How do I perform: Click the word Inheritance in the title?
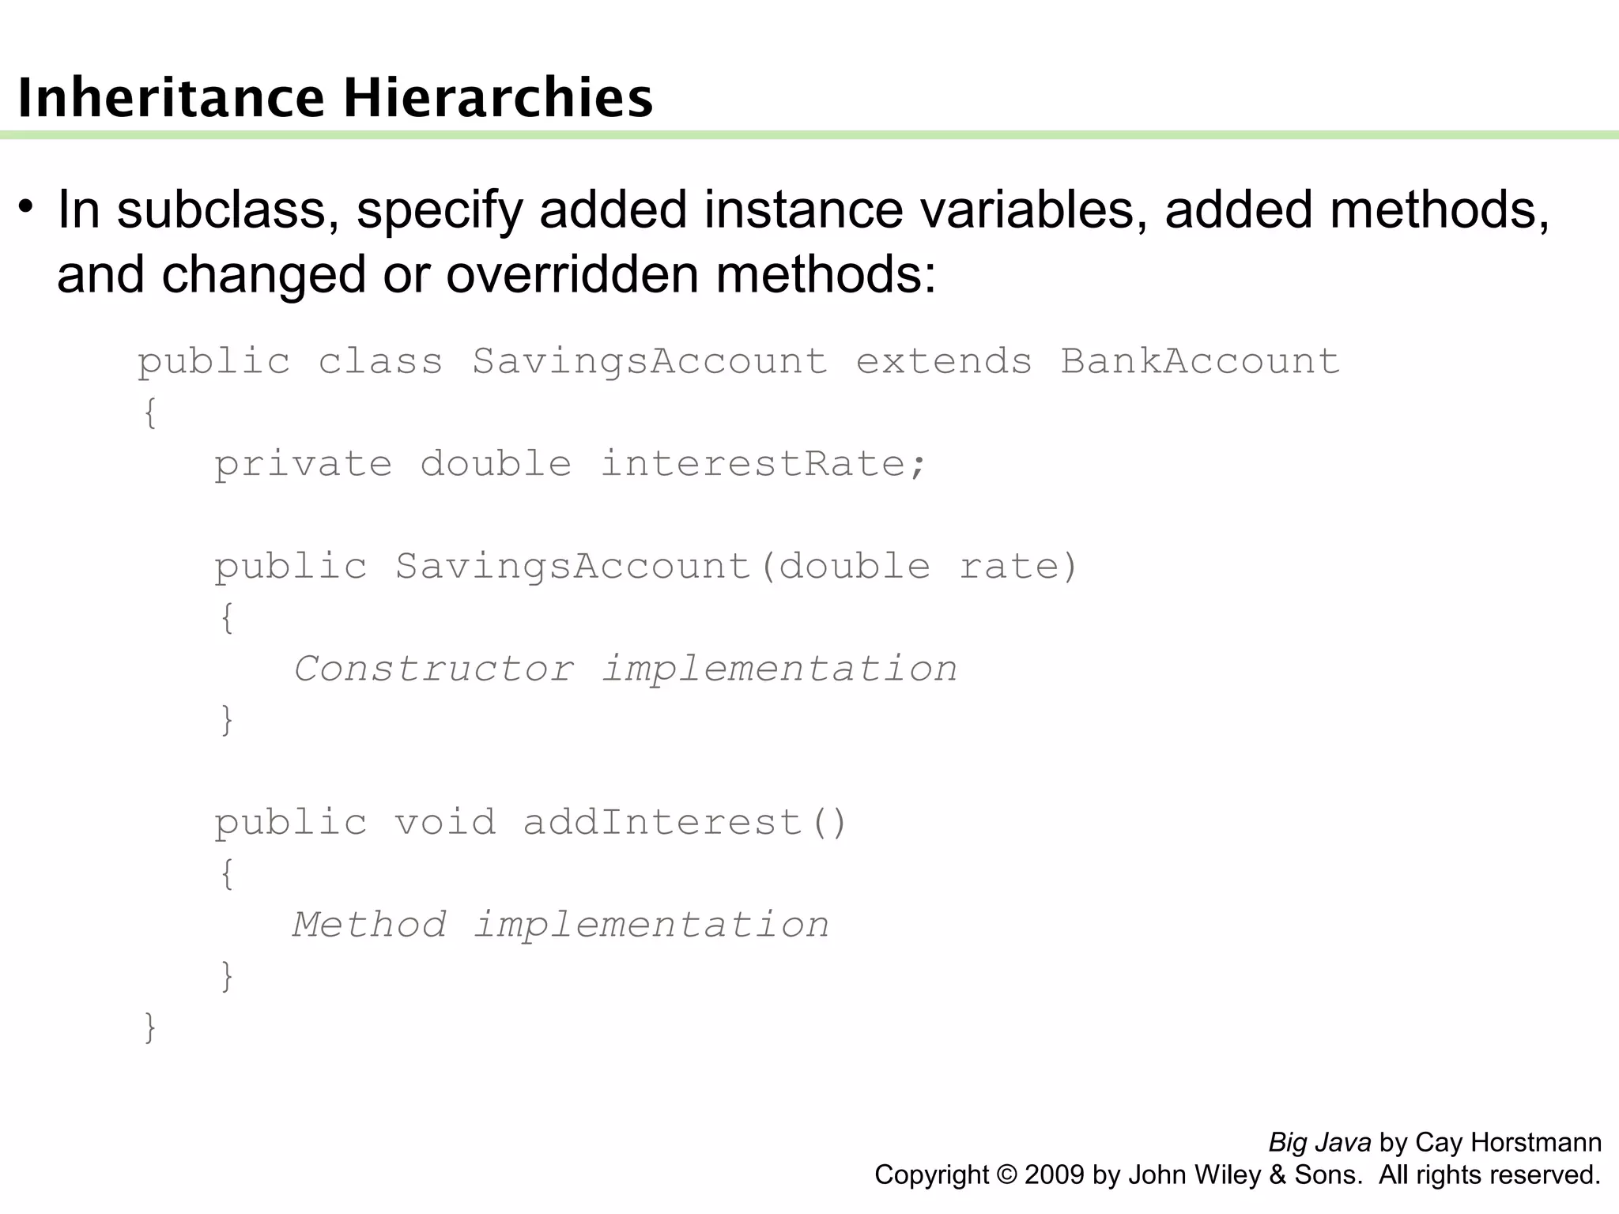[x=171, y=99]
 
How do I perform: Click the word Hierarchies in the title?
[x=498, y=99]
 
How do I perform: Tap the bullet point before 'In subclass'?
[x=26, y=208]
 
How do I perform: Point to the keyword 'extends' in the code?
[x=944, y=362]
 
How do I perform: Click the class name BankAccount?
[x=1200, y=362]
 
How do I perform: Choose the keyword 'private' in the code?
[x=303, y=464]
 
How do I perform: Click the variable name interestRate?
[x=753, y=464]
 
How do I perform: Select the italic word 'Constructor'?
[x=434, y=669]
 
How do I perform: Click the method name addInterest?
[x=662, y=823]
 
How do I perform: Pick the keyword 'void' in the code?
[x=445, y=823]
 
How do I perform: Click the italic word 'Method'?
[x=369, y=926]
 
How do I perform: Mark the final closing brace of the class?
[x=149, y=1027]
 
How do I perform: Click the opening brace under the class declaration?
[x=149, y=413]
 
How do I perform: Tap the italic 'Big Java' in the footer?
[x=1319, y=1143]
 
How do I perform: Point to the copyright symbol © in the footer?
[x=1006, y=1175]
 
